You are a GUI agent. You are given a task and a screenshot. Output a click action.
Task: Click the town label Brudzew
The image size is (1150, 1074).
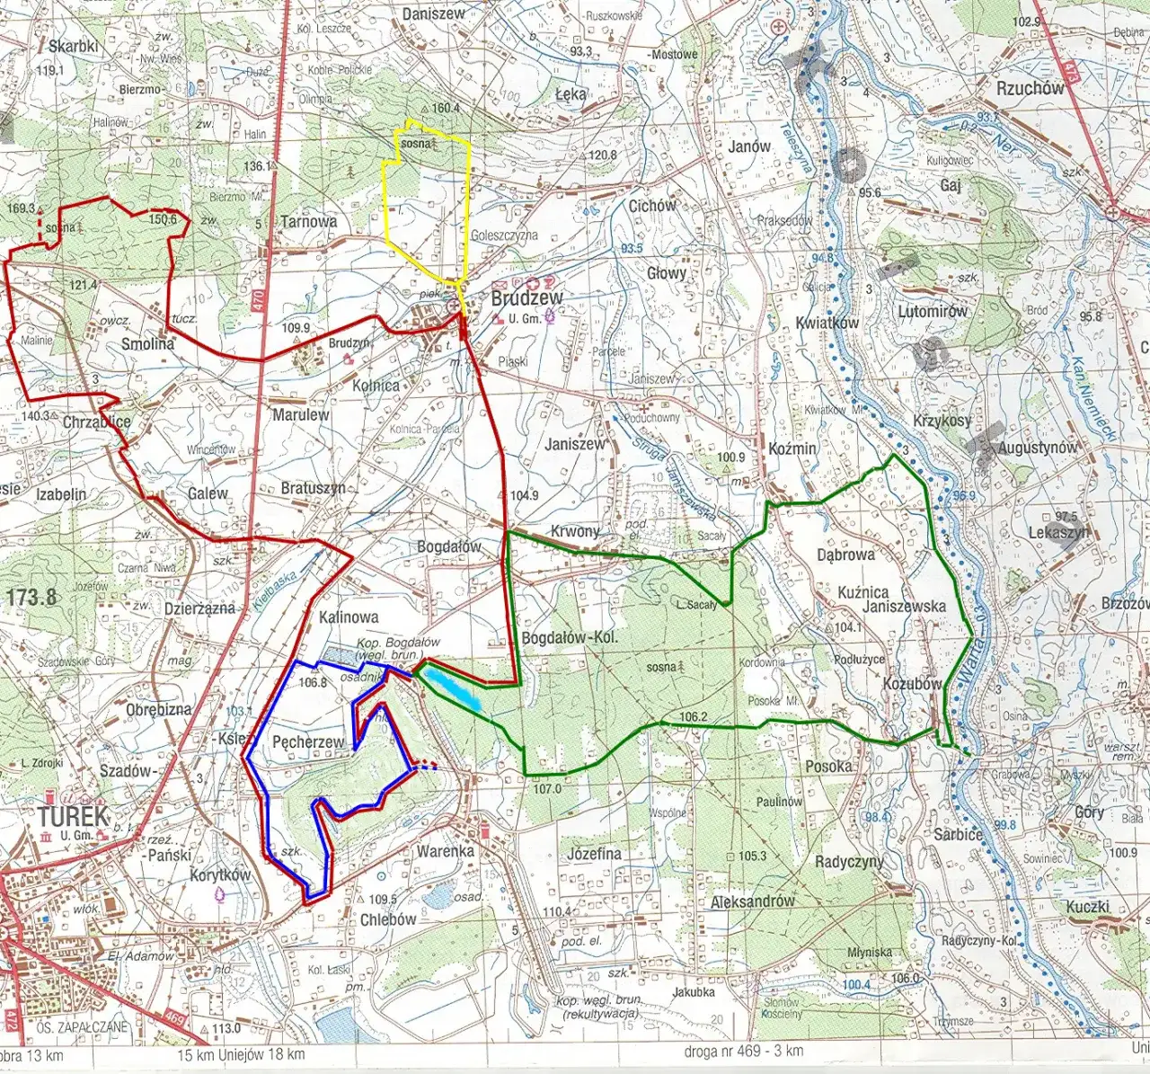coord(526,298)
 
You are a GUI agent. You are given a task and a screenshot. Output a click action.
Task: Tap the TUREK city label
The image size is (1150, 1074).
coord(73,816)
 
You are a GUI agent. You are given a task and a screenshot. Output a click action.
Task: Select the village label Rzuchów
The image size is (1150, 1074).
coord(1030,88)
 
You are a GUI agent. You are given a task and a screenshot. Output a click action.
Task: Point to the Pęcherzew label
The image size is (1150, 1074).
coord(308,741)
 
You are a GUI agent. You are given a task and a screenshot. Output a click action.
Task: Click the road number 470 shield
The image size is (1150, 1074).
coord(259,299)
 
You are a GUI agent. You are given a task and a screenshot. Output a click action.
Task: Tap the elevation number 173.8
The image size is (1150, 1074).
coord(31,597)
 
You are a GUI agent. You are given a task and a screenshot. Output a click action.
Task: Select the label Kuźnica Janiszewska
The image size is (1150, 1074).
coord(890,599)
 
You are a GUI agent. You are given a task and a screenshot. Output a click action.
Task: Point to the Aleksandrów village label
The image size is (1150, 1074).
coord(752,901)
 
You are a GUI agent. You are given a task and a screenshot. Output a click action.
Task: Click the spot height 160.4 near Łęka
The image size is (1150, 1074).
coord(445,108)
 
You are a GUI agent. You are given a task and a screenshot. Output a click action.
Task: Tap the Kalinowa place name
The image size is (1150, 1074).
coord(349,617)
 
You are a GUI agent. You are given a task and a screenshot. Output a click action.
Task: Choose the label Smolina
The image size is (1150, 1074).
coord(147,343)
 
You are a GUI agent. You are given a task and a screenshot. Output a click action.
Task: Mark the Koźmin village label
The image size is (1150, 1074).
coord(792,448)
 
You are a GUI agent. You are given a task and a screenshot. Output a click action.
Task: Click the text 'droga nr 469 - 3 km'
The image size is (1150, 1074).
coord(743,1051)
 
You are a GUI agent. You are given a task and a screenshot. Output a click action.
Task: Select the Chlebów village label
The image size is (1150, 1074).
coord(387,919)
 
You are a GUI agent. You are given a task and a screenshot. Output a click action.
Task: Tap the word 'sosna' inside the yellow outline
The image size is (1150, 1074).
coord(416,144)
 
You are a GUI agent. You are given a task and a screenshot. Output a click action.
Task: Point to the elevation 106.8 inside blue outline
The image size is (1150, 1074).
coord(312,682)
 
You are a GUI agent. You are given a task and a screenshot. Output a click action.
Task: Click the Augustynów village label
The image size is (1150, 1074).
coord(1038,447)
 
